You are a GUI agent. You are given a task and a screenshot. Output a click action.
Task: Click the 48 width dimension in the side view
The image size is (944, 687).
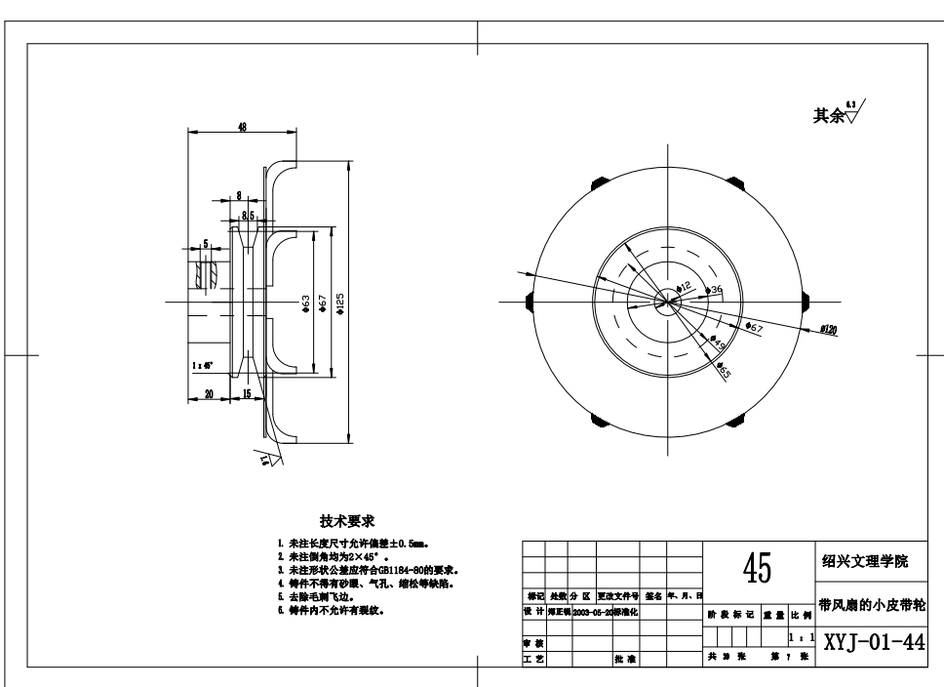coord(241,127)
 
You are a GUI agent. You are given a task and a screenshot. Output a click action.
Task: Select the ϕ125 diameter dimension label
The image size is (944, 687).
coord(340,303)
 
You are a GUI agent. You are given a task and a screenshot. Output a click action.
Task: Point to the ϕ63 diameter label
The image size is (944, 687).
coord(307,303)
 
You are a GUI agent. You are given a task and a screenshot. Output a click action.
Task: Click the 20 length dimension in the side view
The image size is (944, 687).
coord(209,393)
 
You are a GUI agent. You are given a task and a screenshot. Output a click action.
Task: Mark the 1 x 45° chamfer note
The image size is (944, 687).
coord(202,365)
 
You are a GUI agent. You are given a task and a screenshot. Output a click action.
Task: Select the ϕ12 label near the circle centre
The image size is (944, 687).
coord(684,287)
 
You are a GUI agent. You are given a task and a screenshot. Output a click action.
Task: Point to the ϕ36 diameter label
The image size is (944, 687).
coord(716,291)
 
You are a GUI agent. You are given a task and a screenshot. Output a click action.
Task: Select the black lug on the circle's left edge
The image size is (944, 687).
coord(529,301)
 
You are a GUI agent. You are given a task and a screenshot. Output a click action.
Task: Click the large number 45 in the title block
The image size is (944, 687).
coord(758,567)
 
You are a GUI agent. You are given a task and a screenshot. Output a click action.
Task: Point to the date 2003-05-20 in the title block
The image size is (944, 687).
coord(591,612)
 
